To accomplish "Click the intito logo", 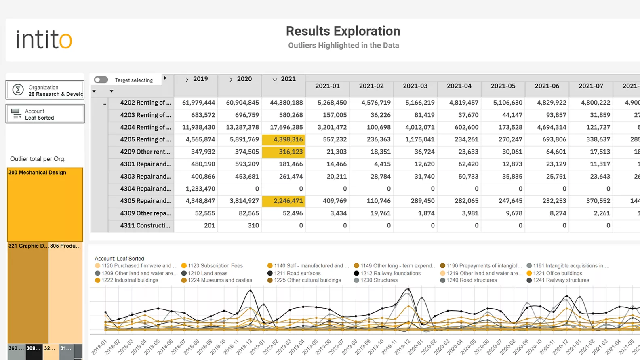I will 44,40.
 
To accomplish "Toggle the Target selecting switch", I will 101,80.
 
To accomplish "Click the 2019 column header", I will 200,79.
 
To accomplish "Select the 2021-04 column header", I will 459,86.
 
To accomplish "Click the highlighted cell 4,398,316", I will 283,139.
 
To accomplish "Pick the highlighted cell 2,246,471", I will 283,201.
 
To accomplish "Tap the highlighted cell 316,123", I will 283,152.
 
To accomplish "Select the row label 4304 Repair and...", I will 145,189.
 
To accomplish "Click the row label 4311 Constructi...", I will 145,225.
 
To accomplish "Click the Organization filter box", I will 45,90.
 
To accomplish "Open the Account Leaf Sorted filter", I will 45,114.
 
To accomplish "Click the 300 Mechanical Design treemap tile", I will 45,204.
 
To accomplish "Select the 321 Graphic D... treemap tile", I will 28,293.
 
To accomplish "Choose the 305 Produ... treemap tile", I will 65,293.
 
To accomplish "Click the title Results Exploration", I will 343,31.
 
